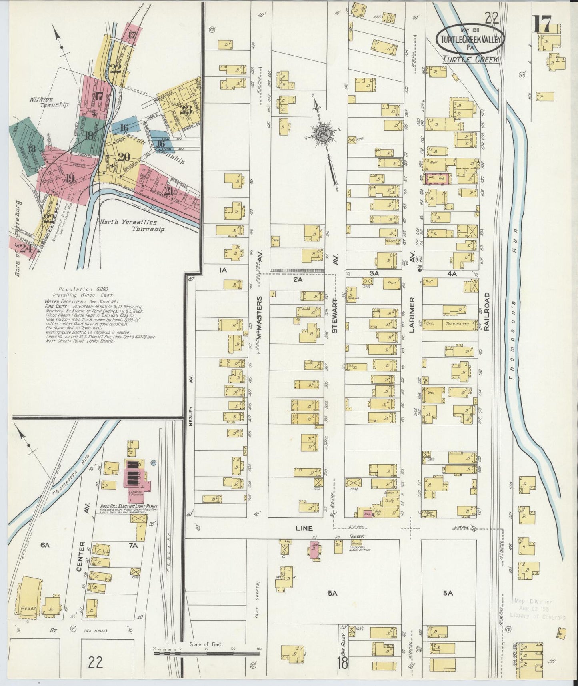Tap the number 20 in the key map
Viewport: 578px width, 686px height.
[x=124, y=157]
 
